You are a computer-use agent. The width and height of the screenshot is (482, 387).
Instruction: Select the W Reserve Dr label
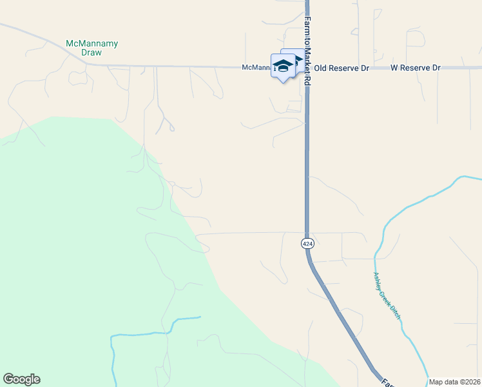point(415,68)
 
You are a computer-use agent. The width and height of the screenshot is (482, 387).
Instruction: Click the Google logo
point(21,379)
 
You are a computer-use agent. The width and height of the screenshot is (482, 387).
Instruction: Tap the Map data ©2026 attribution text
point(455,382)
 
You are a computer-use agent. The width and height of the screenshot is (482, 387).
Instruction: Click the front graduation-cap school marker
point(283,66)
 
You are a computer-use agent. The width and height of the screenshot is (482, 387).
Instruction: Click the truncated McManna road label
point(256,68)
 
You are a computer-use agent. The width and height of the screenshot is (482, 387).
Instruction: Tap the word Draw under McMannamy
point(92,52)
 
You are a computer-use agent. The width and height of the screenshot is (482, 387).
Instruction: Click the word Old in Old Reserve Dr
point(321,68)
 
